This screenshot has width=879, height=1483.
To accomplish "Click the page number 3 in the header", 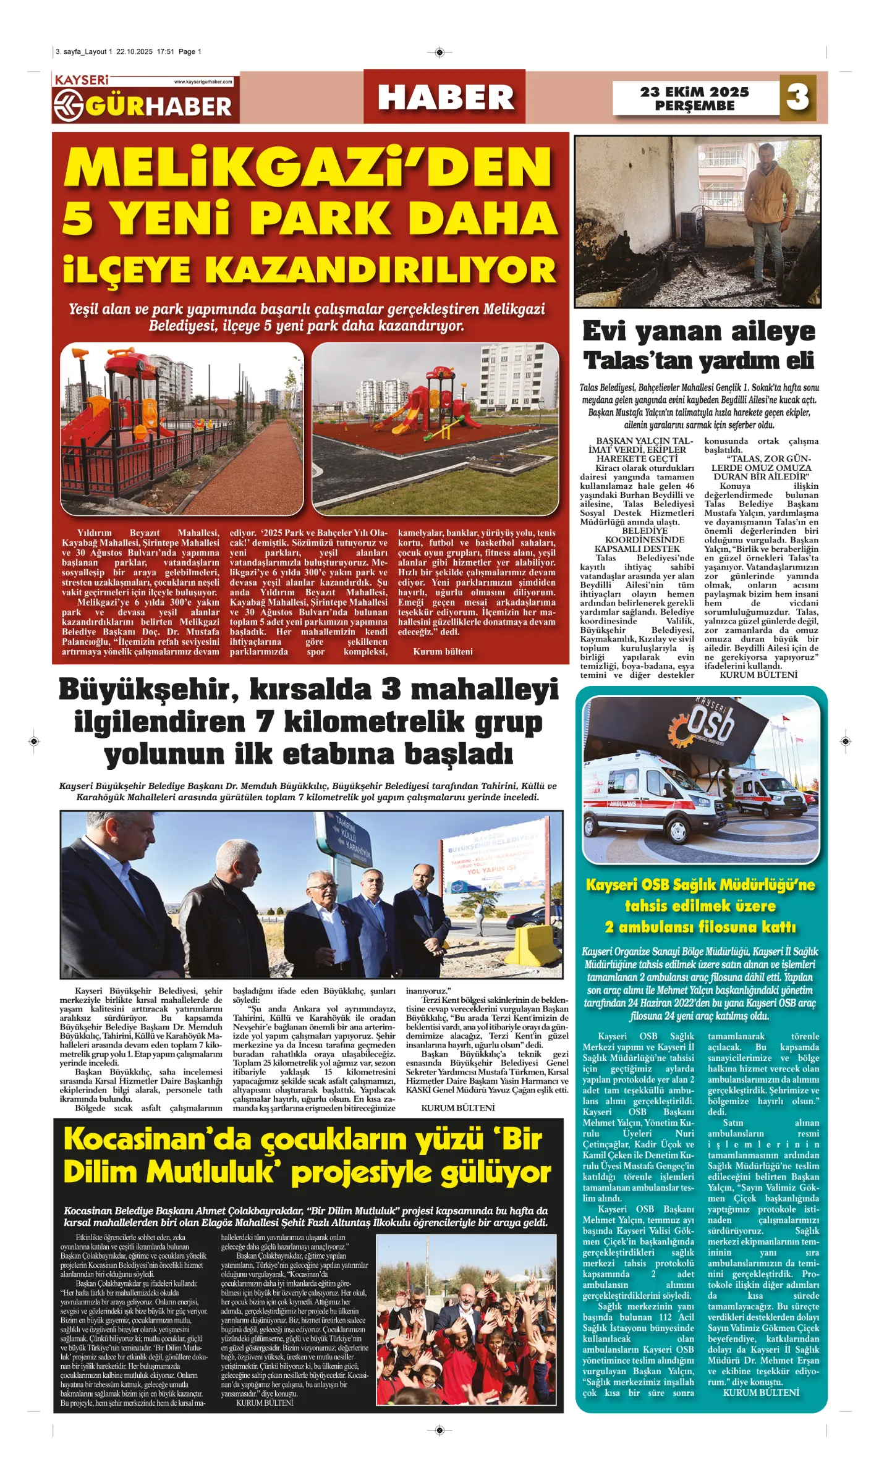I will (x=797, y=97).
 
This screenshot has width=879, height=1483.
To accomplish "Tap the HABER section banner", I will (x=445, y=98).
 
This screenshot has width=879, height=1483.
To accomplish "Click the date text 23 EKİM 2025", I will (x=694, y=92).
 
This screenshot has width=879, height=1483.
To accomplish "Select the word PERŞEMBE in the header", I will (x=694, y=106).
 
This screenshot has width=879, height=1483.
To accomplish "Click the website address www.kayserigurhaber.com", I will (x=203, y=82).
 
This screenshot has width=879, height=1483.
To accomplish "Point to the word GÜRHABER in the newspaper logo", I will (x=158, y=106).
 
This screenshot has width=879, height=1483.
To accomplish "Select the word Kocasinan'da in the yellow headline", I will (x=160, y=1140).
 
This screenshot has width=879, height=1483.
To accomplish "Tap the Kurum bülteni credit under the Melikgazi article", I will (x=443, y=651).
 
